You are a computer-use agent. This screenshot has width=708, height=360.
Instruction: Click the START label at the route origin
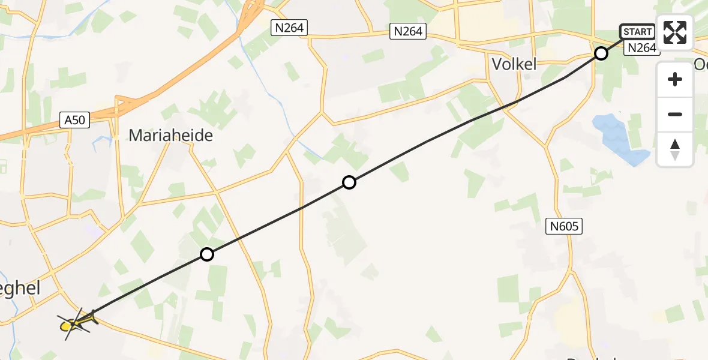(x=637, y=32)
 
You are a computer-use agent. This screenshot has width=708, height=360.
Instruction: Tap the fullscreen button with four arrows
(x=675, y=32)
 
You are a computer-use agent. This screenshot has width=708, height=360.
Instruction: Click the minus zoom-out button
(x=675, y=114)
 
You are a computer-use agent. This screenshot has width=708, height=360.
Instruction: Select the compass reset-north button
(x=675, y=149)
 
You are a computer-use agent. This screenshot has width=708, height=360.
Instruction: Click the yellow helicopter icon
(x=76, y=324)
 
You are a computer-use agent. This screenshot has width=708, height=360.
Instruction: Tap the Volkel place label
(x=514, y=64)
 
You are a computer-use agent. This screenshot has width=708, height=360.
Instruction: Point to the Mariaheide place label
(x=171, y=136)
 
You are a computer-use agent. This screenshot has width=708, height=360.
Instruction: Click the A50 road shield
(x=76, y=120)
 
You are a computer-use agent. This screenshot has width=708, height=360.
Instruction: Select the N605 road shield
(x=564, y=226)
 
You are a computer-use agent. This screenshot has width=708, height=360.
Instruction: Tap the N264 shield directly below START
(x=640, y=48)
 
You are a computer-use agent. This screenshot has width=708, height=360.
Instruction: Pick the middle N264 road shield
(x=408, y=31)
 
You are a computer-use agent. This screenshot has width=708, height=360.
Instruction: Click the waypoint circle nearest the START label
(x=601, y=54)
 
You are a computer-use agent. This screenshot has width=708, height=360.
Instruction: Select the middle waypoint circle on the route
(x=349, y=182)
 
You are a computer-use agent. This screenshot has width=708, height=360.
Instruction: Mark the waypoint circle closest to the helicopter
(x=206, y=254)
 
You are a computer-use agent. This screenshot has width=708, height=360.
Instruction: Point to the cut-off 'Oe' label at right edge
(x=700, y=64)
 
